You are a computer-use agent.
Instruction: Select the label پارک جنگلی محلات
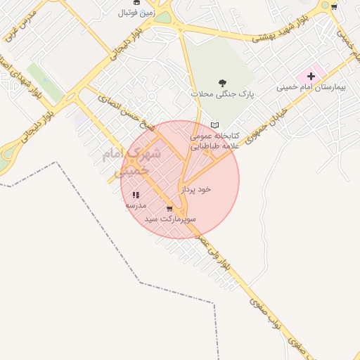click(222, 94)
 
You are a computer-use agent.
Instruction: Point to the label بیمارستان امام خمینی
click(311, 87)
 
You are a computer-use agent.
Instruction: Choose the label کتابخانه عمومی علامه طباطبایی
click(214, 140)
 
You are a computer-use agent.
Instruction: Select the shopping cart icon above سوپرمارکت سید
click(169, 209)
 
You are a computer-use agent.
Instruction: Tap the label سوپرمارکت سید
click(170, 219)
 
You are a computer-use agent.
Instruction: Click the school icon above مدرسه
click(136, 195)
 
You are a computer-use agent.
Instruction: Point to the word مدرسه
click(136, 205)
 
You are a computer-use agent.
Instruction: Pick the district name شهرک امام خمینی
click(127, 160)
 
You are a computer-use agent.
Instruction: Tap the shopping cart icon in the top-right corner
click(334, 6)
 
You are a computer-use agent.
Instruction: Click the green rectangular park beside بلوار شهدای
click(46, 82)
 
